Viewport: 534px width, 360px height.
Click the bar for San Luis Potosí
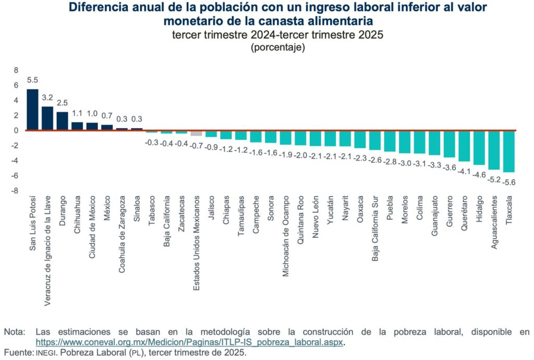tap(32, 110)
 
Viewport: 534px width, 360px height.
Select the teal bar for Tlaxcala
tap(509, 151)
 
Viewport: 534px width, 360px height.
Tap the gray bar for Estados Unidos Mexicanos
tap(196, 133)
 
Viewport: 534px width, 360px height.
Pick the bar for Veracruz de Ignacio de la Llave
tap(47, 118)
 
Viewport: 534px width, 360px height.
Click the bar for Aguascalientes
tap(494, 150)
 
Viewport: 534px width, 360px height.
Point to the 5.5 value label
tap(32, 80)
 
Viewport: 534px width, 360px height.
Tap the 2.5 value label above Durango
tap(63, 103)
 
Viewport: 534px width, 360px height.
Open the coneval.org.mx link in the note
tap(190, 342)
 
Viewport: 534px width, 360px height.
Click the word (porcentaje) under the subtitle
tap(277, 47)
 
